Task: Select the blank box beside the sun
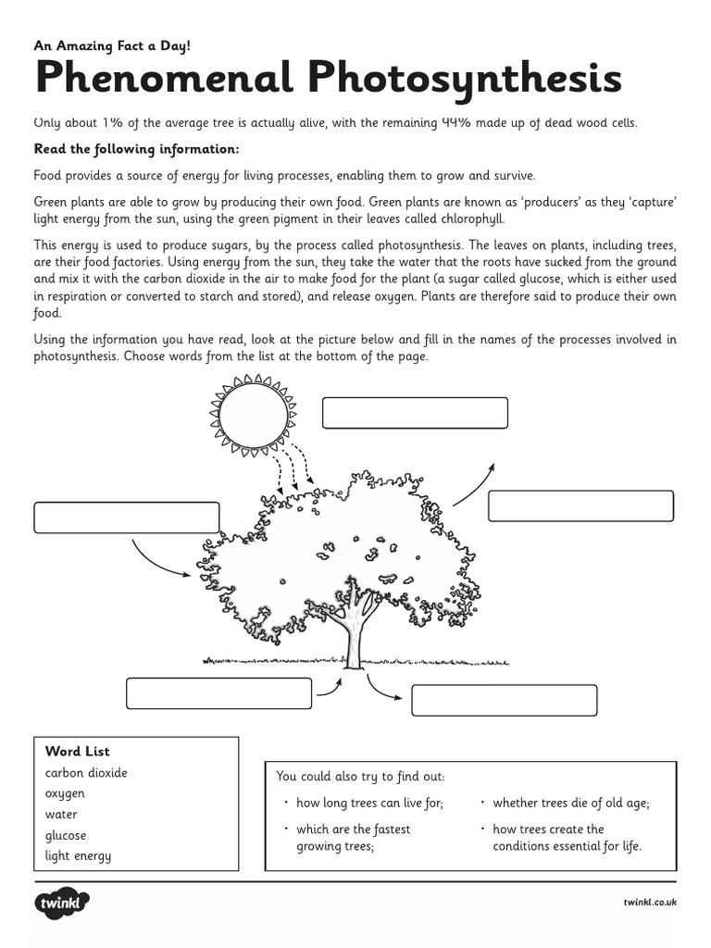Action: tap(415, 413)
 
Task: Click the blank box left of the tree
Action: tap(127, 518)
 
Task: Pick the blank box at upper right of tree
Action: tap(580, 506)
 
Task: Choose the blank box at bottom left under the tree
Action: tap(218, 693)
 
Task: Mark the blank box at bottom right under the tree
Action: tap(504, 701)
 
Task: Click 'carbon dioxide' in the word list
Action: tap(86, 773)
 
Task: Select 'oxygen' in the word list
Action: tap(65, 793)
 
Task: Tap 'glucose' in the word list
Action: tap(66, 835)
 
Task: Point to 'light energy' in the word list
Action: tap(78, 855)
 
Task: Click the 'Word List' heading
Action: tap(78, 752)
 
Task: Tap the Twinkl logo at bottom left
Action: tap(62, 902)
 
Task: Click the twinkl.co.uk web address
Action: tap(650, 903)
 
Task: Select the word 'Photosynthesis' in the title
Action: tap(466, 79)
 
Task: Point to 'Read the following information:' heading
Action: tap(136, 149)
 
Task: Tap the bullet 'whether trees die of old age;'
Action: tap(570, 804)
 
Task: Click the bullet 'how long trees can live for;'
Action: tap(369, 804)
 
